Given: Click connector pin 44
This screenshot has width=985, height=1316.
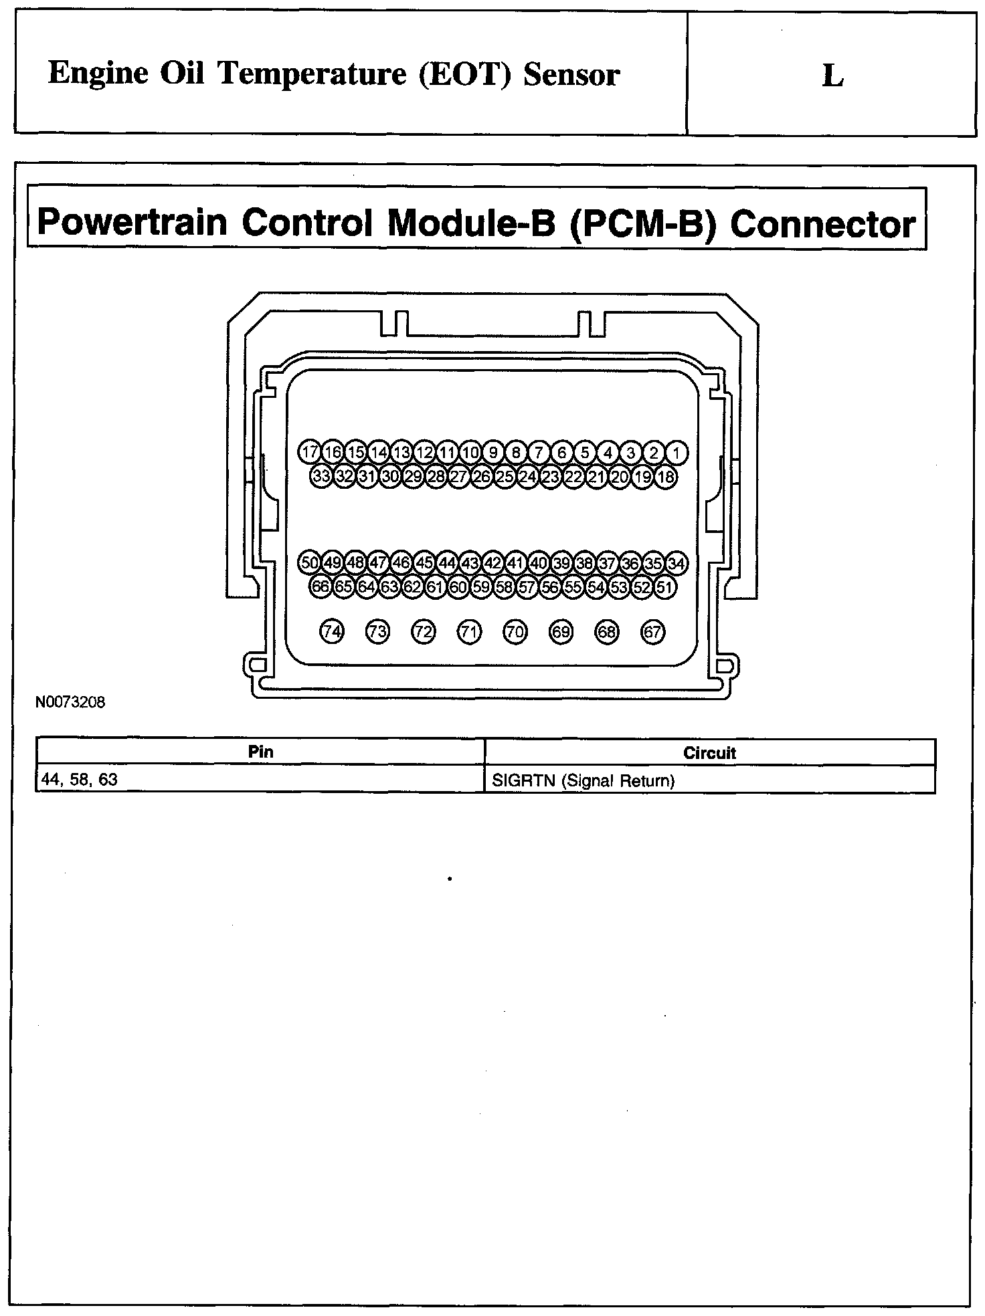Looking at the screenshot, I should click(x=447, y=563).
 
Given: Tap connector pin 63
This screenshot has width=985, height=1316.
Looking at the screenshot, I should click(x=389, y=588).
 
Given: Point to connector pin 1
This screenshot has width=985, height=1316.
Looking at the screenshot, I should click(x=677, y=453).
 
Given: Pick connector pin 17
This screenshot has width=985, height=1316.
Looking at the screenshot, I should click(x=310, y=453).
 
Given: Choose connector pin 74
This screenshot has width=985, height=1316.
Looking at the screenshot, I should click(x=332, y=631).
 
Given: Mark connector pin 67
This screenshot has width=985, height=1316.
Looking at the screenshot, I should click(x=652, y=631).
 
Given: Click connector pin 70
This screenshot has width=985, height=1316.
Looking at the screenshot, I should click(x=515, y=631).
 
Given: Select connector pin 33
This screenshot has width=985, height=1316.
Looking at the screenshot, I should click(x=321, y=477).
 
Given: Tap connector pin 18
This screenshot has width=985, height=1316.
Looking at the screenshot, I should click(x=665, y=477).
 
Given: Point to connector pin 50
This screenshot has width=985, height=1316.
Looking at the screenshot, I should click(x=310, y=563).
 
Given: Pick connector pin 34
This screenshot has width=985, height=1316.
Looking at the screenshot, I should click(x=677, y=563).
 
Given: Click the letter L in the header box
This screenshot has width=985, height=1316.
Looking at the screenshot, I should click(x=832, y=76).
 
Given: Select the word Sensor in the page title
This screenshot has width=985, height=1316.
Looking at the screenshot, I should click(x=571, y=74).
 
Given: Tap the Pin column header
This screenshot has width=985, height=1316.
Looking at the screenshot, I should click(x=260, y=752).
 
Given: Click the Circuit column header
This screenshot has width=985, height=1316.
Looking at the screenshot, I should click(x=709, y=753).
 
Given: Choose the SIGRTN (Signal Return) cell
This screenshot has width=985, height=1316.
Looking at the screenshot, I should click(x=583, y=780).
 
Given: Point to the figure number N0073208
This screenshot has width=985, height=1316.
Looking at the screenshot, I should click(x=70, y=703).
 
